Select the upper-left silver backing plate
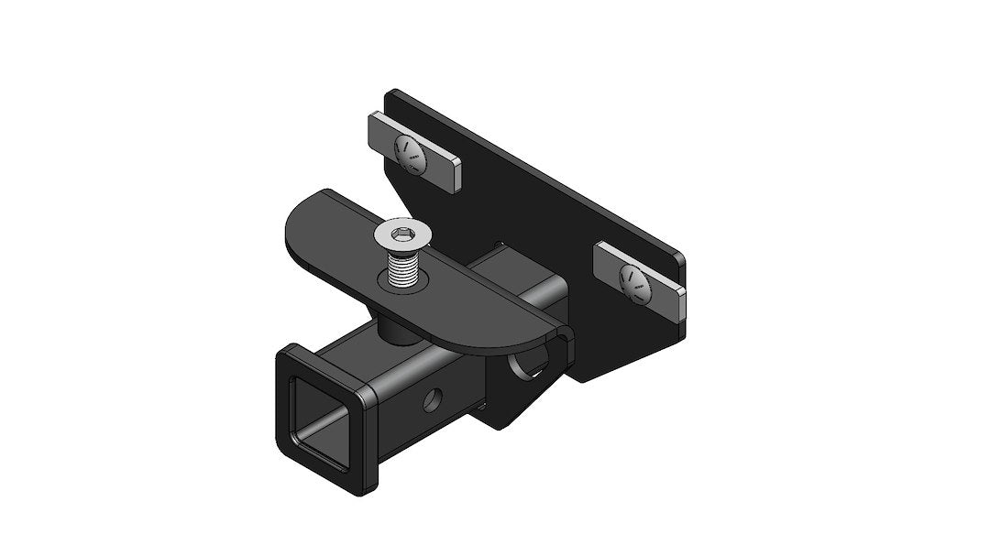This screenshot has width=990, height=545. (x=414, y=152)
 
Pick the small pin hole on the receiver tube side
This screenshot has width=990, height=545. (x=431, y=401)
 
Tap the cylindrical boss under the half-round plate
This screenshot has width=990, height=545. (x=394, y=329)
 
